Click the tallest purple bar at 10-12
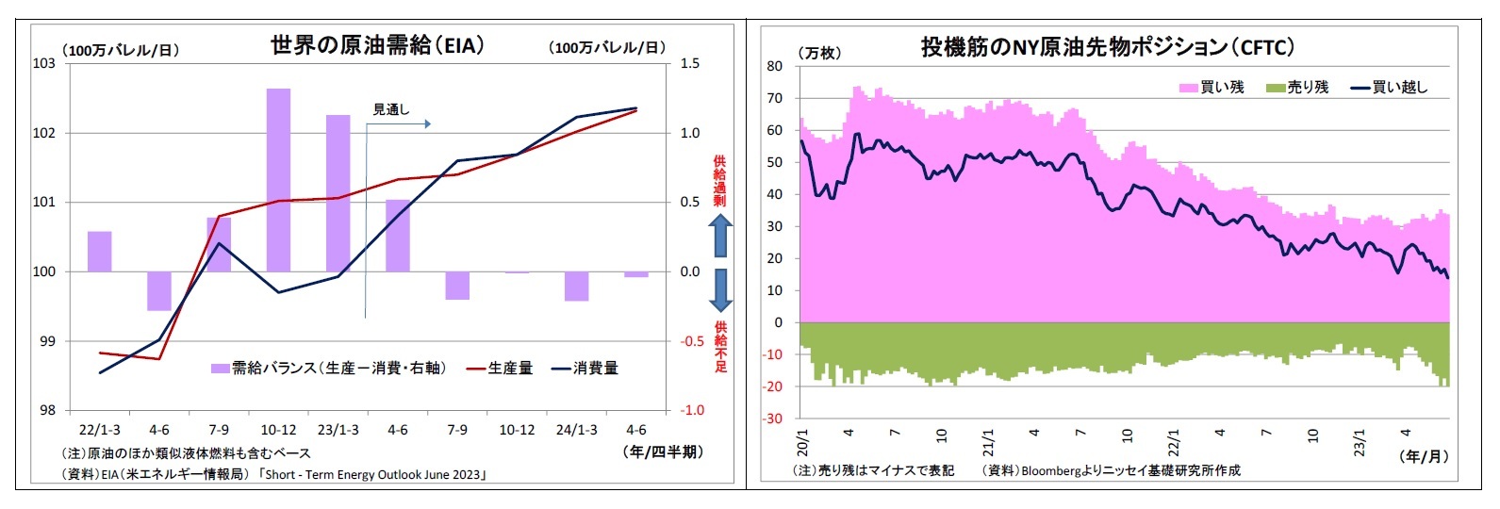[278, 179]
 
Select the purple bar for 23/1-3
[338, 193]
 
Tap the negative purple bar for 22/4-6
[159, 290]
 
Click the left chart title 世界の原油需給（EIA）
[377, 44]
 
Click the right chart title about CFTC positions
[1107, 46]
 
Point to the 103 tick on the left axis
[44, 63]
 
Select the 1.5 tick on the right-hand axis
[690, 63]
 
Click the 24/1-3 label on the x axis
[576, 430]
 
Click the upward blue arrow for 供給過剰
[720, 236]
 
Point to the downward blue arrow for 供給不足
[720, 290]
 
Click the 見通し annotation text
[391, 109]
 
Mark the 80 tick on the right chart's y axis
[774, 66]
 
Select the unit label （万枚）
[819, 53]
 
